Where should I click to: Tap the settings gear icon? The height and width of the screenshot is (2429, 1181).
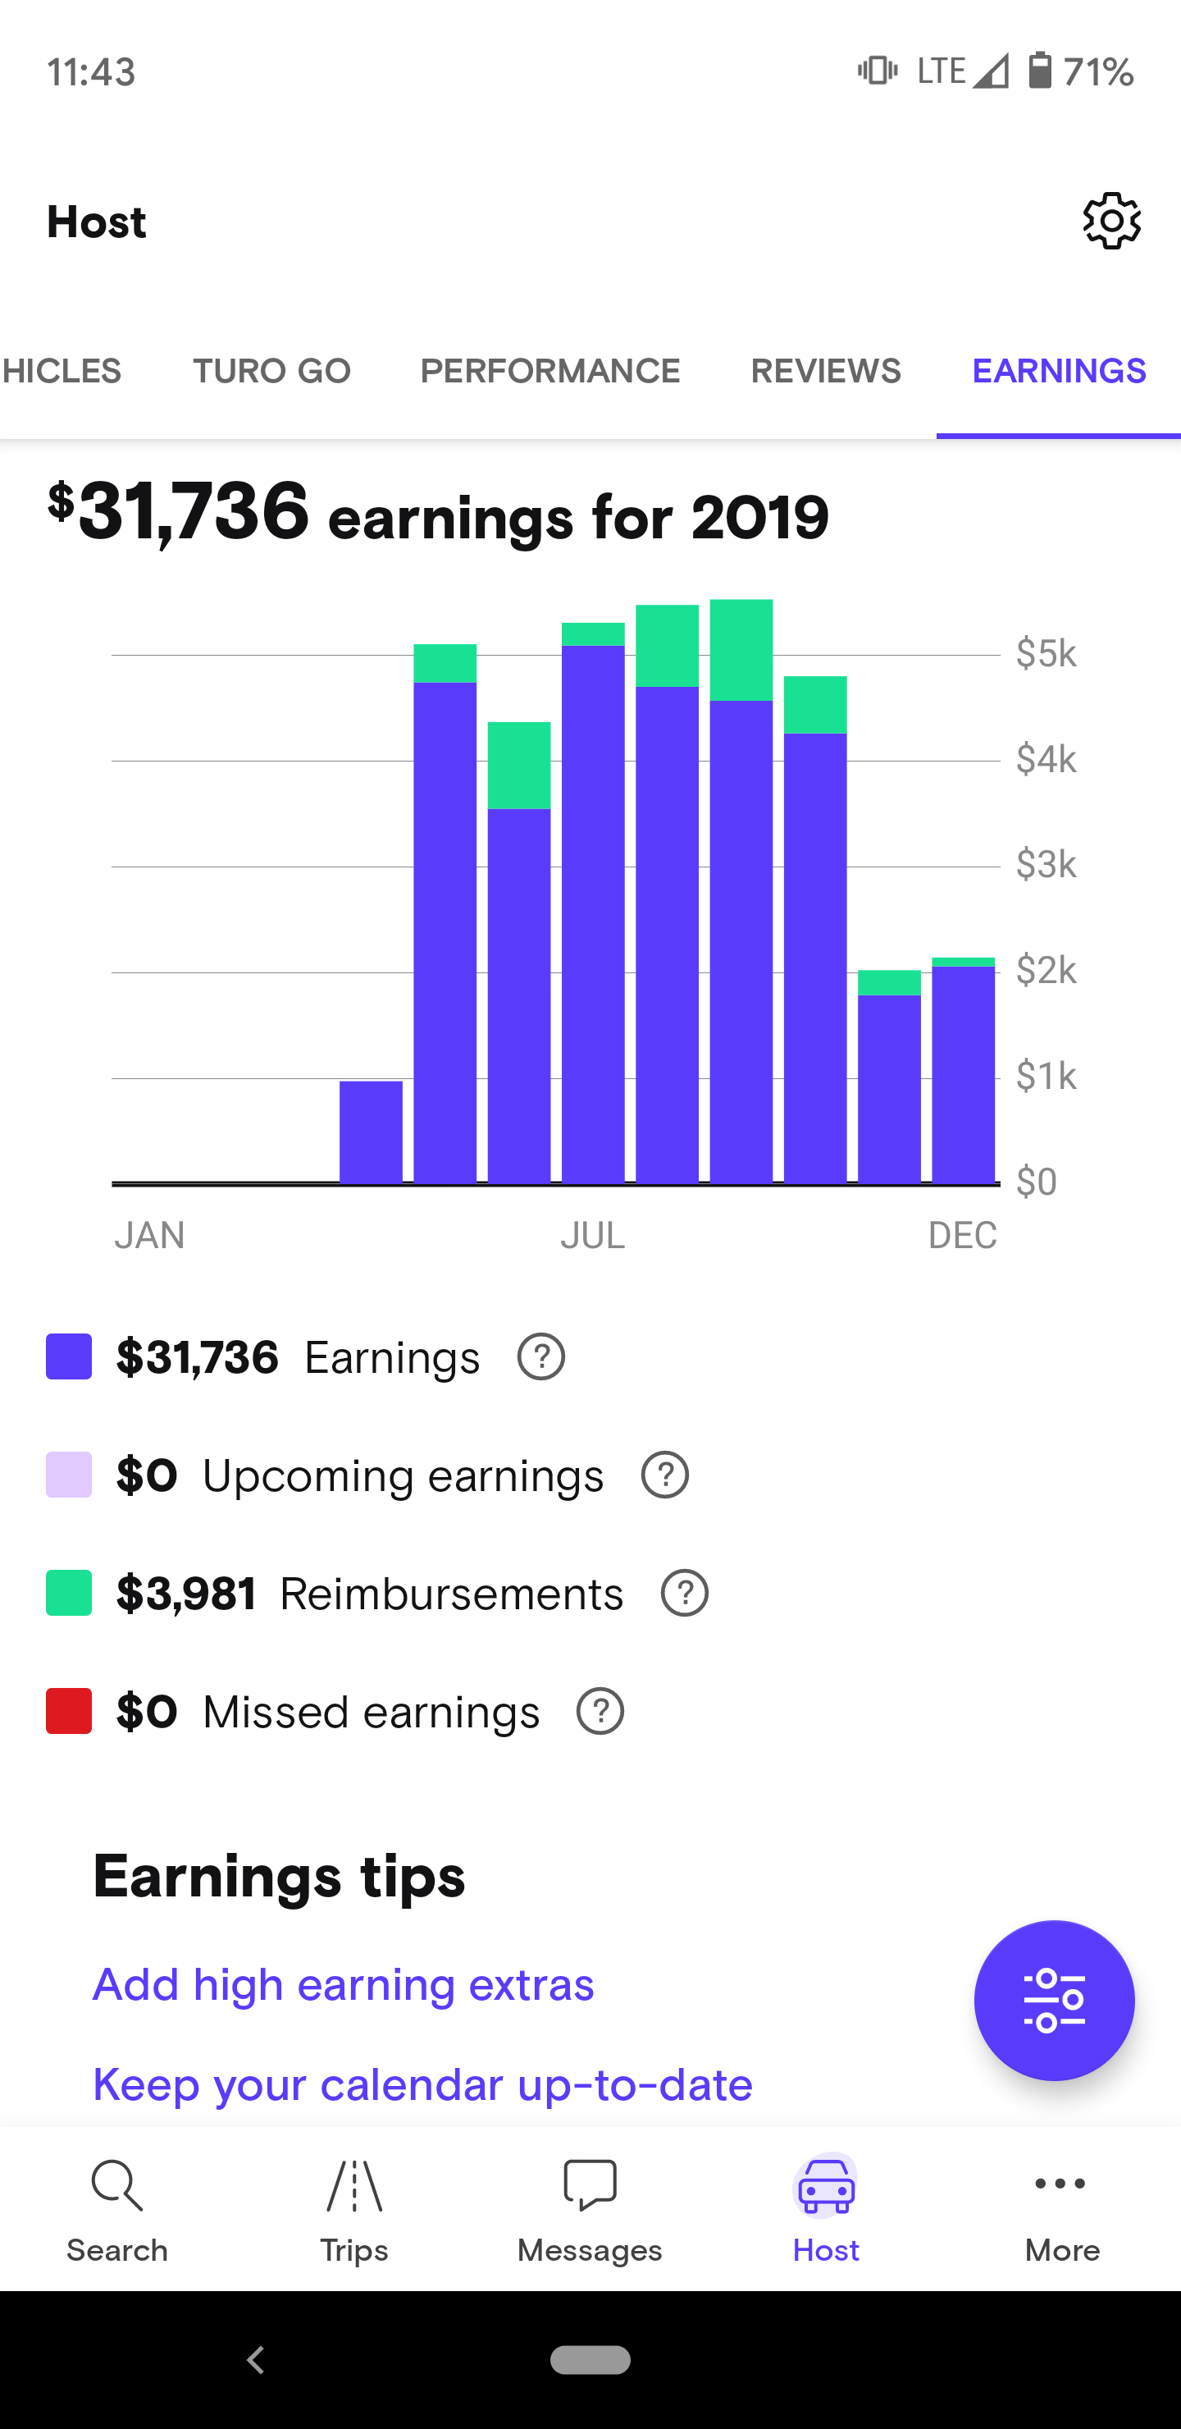pyautogui.click(x=1111, y=222)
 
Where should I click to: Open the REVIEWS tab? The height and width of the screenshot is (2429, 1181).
pyautogui.click(x=826, y=372)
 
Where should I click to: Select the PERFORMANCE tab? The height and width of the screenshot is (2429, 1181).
pyautogui.click(x=549, y=372)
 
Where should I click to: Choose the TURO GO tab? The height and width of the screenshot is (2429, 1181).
pyautogui.click(x=271, y=372)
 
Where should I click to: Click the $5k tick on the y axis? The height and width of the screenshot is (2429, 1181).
pyautogui.click(x=1046, y=652)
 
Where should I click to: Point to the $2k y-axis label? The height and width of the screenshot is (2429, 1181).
pyautogui.click(x=1046, y=969)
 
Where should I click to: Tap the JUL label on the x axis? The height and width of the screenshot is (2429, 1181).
pyautogui.click(x=592, y=1235)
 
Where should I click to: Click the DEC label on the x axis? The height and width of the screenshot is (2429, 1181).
pyautogui.click(x=961, y=1235)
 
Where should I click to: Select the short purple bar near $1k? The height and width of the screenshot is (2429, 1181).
pyautogui.click(x=371, y=1132)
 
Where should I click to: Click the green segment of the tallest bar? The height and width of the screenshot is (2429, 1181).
pyautogui.click(x=741, y=650)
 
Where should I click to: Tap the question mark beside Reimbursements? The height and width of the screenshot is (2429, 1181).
pyautogui.click(x=684, y=1594)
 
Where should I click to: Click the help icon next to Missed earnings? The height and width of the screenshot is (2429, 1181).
pyautogui.click(x=600, y=1712)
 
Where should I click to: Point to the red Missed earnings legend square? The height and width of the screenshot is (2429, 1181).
pyautogui.click(x=69, y=1712)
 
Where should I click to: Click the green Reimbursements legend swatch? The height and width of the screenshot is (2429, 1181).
pyautogui.click(x=69, y=1594)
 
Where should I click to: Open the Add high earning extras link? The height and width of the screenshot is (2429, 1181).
pyautogui.click(x=343, y=1985)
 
